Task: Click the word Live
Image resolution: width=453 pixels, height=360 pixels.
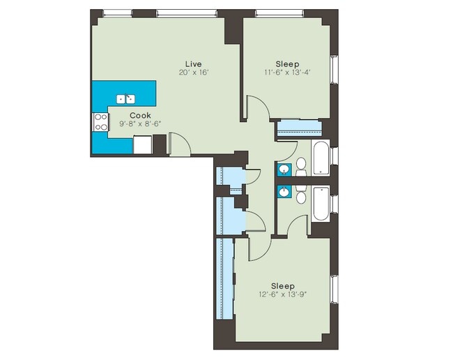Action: coord(194,63)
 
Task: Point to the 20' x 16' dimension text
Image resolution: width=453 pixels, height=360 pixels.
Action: coord(194,72)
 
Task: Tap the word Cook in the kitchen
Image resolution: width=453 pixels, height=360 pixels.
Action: coord(139,115)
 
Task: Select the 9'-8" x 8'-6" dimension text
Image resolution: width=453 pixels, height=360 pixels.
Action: coord(139,124)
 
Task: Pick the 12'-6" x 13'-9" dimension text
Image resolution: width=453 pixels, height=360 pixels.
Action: coord(282,294)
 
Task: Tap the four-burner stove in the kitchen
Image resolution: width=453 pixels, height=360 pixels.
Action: coord(100,122)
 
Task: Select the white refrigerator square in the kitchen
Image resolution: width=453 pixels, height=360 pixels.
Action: coord(142,145)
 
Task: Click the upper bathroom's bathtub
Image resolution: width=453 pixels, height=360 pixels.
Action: coord(321,158)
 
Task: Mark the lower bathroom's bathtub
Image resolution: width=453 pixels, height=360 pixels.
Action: coord(321,203)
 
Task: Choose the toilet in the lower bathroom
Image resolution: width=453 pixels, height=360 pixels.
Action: coord(301,195)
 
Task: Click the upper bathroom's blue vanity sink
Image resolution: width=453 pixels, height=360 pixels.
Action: coord(285,169)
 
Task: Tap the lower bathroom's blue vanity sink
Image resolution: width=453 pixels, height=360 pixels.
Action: coord(285,191)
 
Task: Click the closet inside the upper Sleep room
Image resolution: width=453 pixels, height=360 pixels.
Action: coord(298,129)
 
